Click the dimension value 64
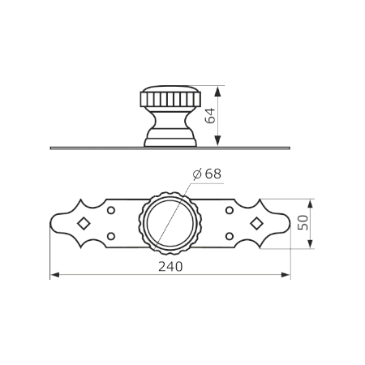(210, 116)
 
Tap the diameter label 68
(213, 174)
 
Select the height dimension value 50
(303, 222)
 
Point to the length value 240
(170, 267)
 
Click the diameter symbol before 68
(197, 174)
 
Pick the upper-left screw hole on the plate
(111, 210)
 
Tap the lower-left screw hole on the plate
(111, 236)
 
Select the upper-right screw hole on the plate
(230, 210)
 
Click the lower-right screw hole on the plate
(230, 236)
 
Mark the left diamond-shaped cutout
(84, 224)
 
